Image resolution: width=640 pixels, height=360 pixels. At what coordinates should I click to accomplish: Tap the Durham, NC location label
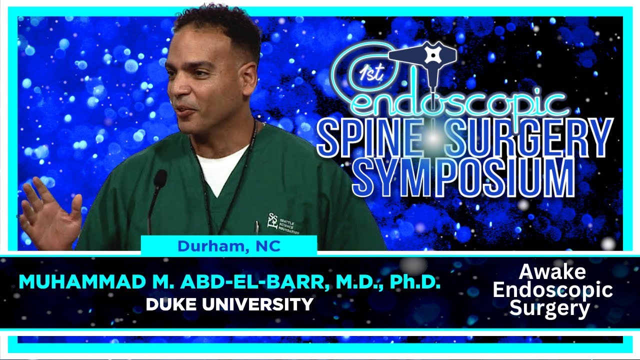229,246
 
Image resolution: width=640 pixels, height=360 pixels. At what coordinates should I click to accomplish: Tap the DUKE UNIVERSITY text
229,303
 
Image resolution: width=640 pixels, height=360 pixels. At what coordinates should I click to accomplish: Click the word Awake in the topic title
552,272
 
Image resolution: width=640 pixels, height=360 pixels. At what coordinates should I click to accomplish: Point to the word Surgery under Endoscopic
550,308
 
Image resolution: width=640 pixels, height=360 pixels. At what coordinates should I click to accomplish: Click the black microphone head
160,179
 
